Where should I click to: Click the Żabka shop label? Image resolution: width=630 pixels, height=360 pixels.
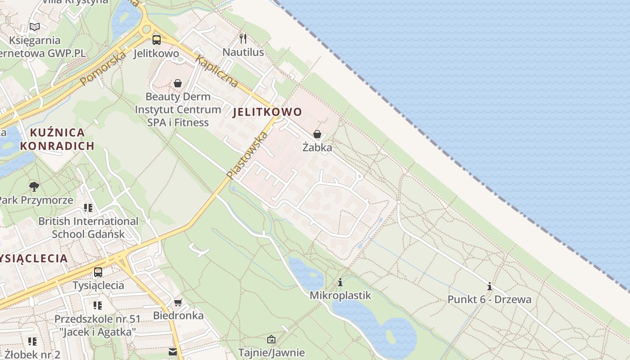pyautogui.click(x=317, y=148)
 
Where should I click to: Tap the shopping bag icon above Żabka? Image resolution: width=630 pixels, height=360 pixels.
pyautogui.click(x=317, y=134)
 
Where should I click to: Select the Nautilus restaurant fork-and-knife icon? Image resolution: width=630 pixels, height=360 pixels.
pyautogui.click(x=243, y=38)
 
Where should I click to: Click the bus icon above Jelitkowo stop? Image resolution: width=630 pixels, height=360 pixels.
pyautogui.click(x=156, y=40)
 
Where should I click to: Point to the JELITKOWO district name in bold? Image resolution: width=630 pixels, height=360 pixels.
pyautogui.click(x=267, y=112)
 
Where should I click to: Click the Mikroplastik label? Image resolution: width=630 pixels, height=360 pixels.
pyautogui.click(x=340, y=296)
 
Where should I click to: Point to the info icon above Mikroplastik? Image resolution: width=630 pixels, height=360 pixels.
pyautogui.click(x=340, y=282)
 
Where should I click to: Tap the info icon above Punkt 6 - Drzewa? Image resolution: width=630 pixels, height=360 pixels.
pyautogui.click(x=489, y=286)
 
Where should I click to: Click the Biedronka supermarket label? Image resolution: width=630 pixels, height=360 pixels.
pyautogui.click(x=178, y=315)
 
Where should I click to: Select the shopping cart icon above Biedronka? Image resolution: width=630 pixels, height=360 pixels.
pyautogui.click(x=178, y=302)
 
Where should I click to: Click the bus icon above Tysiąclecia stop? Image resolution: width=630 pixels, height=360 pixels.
pyautogui.click(x=98, y=272)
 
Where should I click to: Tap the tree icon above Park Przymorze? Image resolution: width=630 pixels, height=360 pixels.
pyautogui.click(x=34, y=186)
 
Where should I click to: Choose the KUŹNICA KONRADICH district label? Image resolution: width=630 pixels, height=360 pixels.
pyautogui.click(x=57, y=139)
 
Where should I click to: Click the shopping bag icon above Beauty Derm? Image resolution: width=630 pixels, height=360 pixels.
pyautogui.click(x=178, y=83)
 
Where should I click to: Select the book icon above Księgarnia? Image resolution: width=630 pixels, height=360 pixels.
pyautogui.click(x=35, y=27)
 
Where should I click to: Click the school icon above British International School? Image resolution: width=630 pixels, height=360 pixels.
pyautogui.click(x=88, y=208)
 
